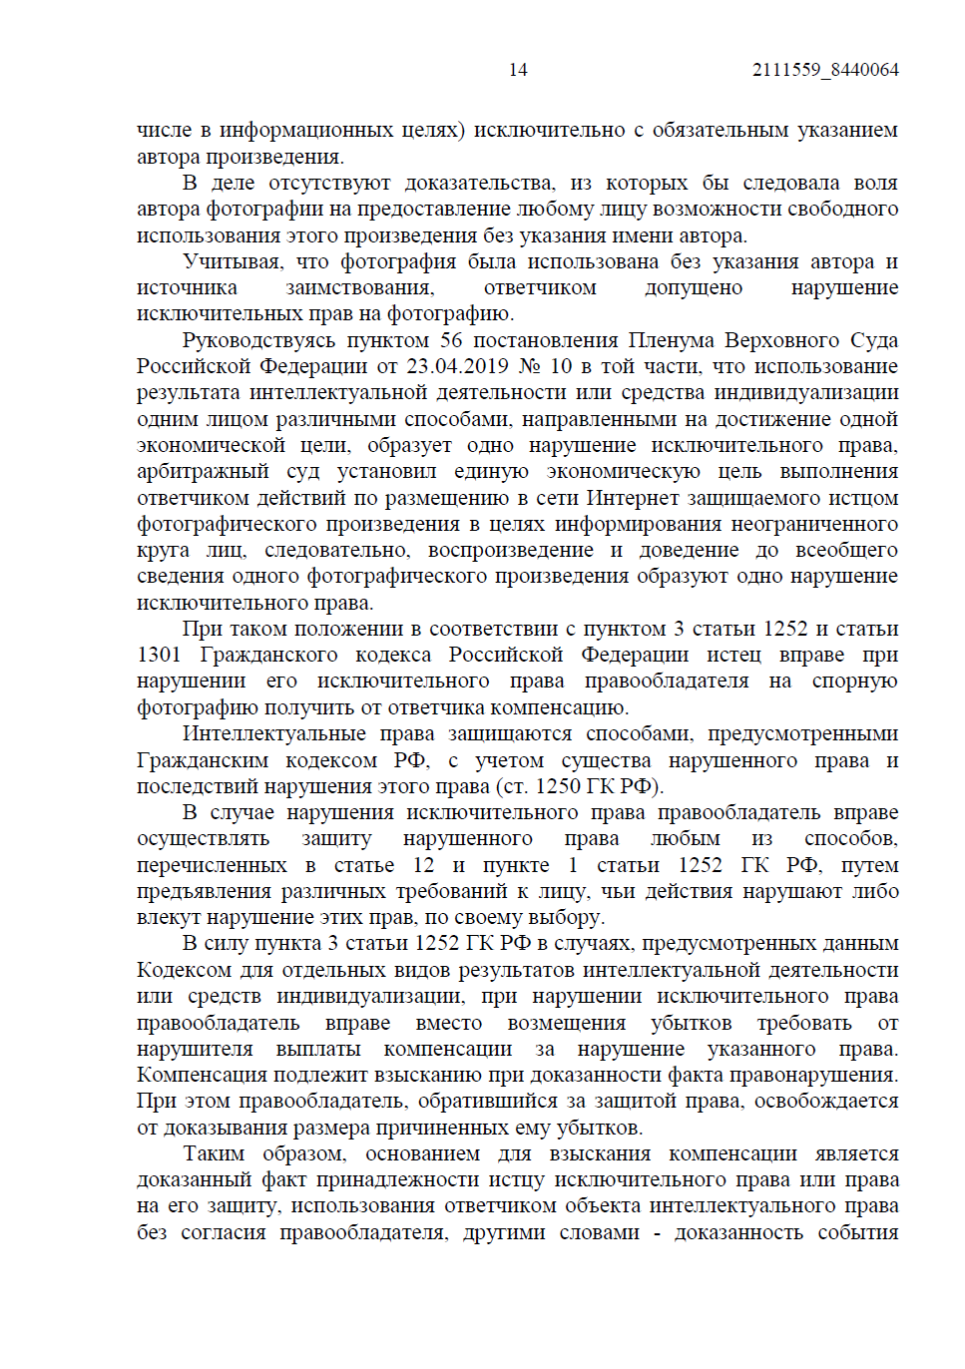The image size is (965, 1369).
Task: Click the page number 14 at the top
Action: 518,70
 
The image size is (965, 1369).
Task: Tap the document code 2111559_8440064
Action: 825,70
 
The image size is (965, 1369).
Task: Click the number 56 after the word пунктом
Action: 451,340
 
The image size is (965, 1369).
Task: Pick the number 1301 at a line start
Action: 159,655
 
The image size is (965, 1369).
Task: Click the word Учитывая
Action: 232,261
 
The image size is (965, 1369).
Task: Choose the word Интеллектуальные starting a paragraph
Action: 273,733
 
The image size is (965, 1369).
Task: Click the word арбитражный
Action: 203,471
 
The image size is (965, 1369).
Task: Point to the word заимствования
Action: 360,287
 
